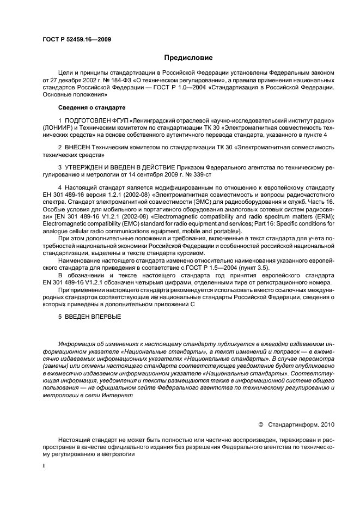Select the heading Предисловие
coord(187,57)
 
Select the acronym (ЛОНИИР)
coord(59,127)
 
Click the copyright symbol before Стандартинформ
coord(260,423)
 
